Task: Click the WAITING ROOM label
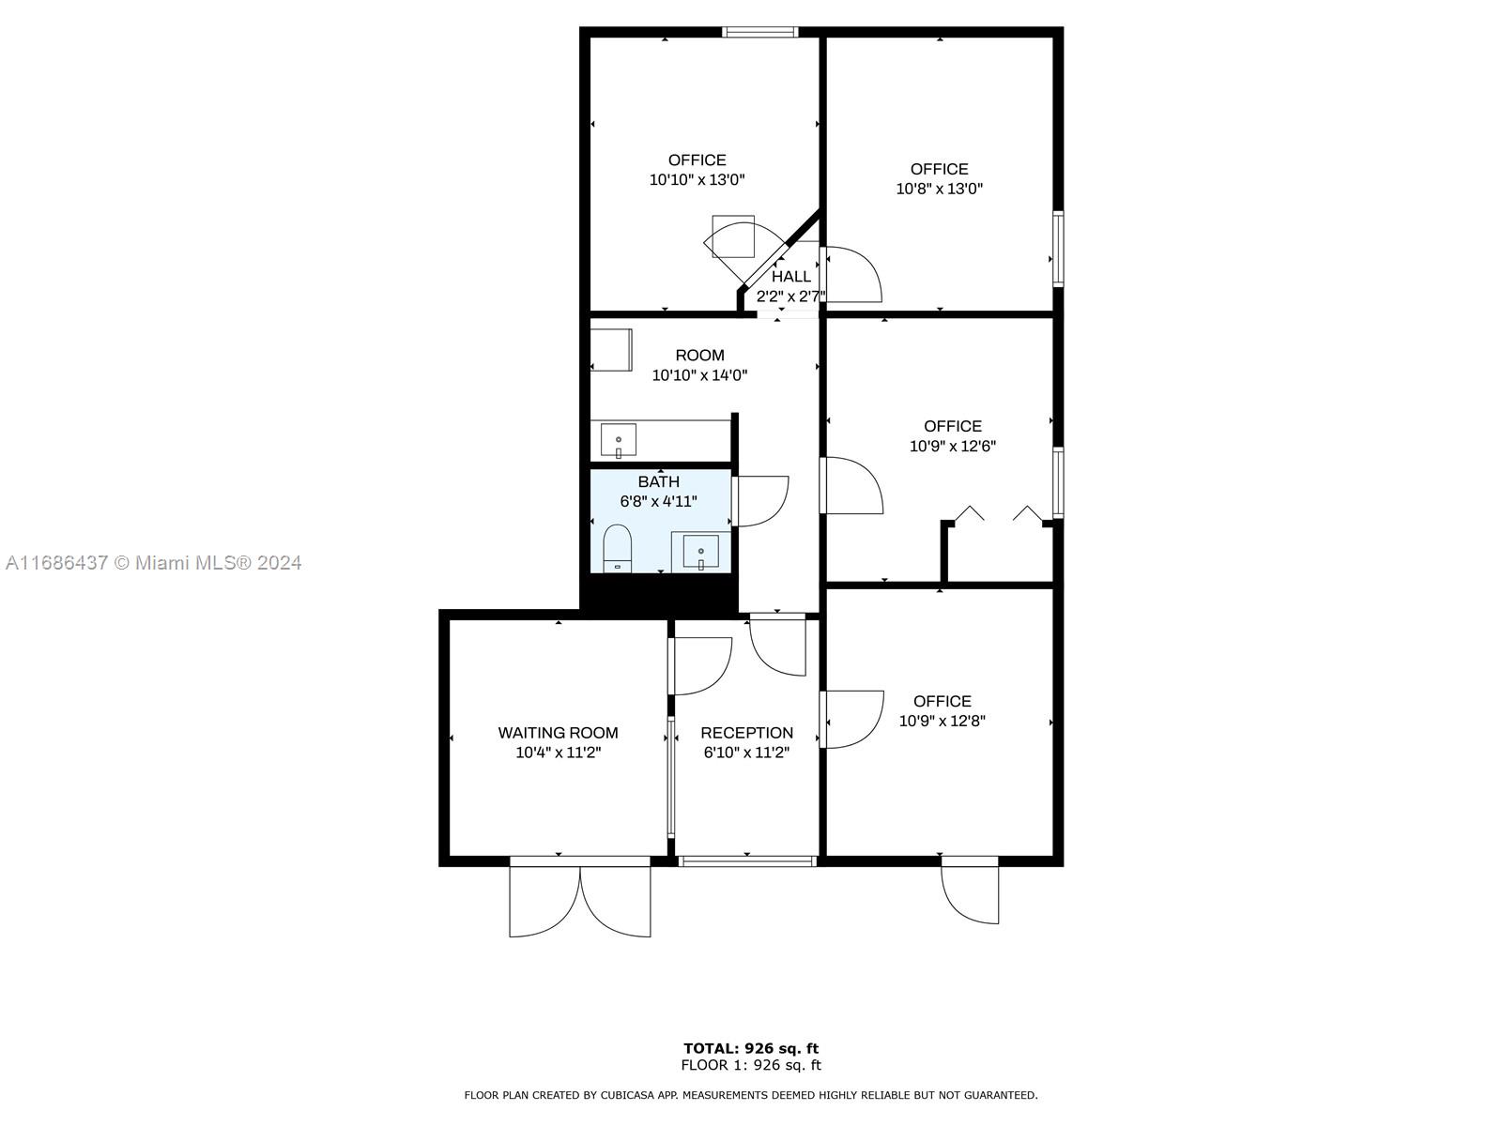558,733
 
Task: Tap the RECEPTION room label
746,733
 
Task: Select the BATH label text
658,481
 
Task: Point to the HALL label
791,276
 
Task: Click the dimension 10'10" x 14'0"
699,374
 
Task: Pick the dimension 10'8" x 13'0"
939,188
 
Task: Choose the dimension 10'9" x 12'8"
942,721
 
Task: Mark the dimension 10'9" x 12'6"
953,446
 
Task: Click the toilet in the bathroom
617,548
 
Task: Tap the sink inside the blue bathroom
700,553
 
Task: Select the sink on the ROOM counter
618,439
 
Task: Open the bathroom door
760,501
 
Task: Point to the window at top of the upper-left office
759,32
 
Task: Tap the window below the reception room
747,860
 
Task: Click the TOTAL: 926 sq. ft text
751,1048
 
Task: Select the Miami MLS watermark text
153,563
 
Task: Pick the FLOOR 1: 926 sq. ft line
751,1064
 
